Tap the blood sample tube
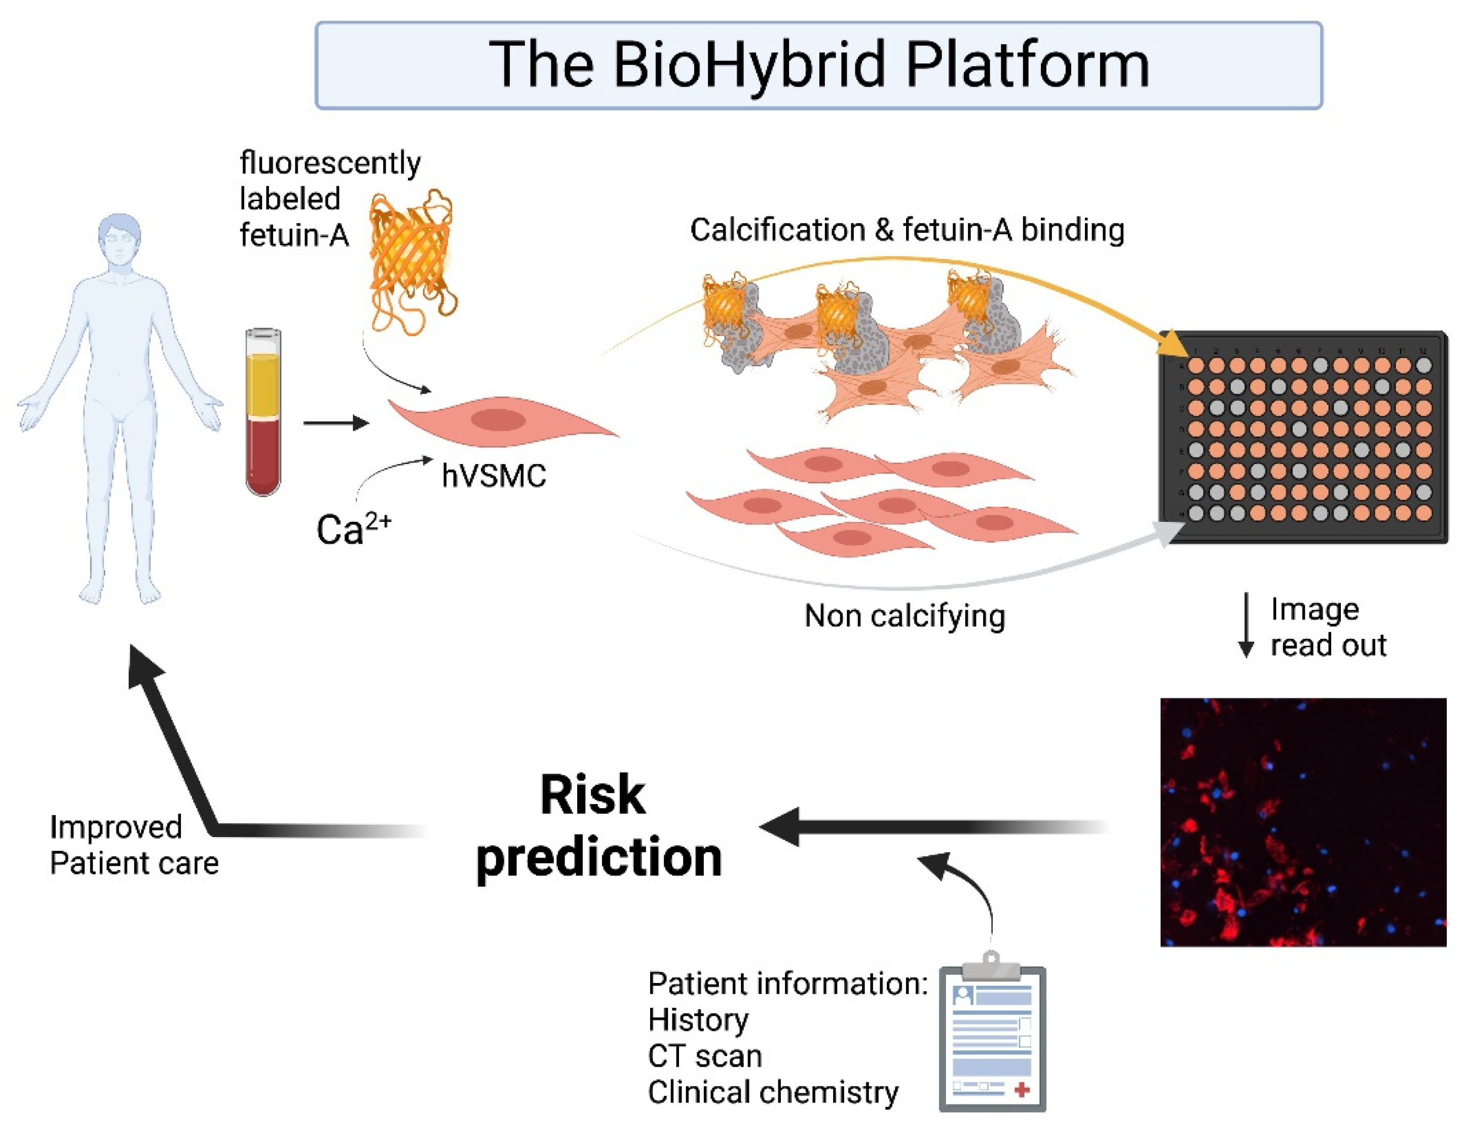(264, 412)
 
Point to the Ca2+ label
(353, 529)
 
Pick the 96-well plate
(1303, 437)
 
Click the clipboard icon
(992, 1034)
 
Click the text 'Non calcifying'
(905, 616)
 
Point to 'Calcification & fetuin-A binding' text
(907, 230)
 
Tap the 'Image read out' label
(1327, 627)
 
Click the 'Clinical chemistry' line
(772, 1093)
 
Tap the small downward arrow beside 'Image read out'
(1246, 625)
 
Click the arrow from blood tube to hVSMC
(336, 423)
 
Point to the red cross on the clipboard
(1022, 1089)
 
